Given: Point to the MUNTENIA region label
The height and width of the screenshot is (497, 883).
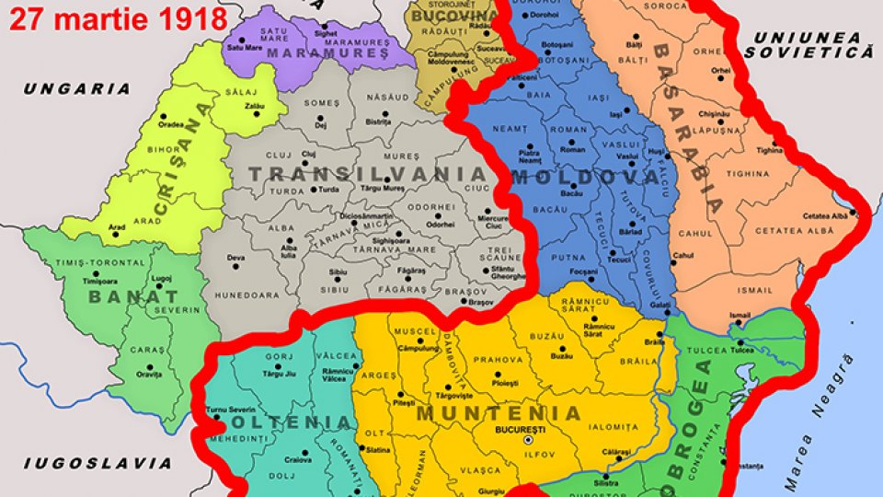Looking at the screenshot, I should (499, 413).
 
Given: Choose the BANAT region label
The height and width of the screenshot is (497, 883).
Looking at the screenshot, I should (132, 297).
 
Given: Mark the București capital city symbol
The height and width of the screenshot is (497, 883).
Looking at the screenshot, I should (528, 441).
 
